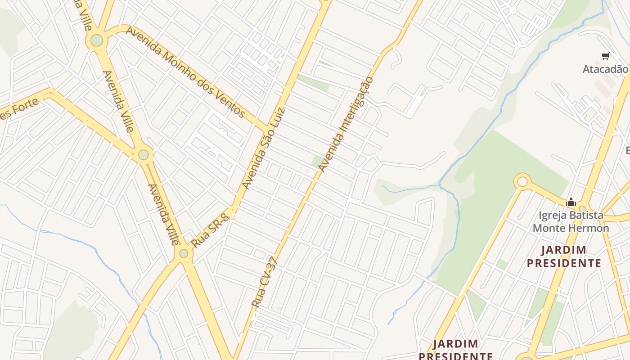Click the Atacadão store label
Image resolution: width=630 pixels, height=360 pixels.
[x=605, y=69]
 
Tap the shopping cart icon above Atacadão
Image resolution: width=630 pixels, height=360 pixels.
[x=605, y=56]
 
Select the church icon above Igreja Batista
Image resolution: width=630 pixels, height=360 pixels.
[x=571, y=202]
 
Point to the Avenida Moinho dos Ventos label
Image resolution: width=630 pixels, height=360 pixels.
[x=185, y=72]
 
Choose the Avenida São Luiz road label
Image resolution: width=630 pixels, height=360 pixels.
[x=264, y=148]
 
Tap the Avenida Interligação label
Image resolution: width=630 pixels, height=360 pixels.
[x=346, y=125]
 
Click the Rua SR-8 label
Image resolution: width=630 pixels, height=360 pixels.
[x=210, y=231]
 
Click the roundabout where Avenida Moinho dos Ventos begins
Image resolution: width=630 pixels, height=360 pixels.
[x=97, y=40]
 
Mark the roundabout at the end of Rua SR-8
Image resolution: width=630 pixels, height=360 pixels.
[x=184, y=253]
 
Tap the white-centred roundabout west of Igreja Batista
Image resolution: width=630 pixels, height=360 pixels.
[x=522, y=182]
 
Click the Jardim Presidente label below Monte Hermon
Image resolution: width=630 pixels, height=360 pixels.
[x=564, y=256]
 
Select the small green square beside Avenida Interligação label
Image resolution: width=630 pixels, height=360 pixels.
[x=317, y=161]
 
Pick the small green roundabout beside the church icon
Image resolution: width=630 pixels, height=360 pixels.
[x=582, y=208]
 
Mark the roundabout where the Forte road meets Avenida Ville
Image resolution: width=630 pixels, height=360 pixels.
[x=144, y=155]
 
